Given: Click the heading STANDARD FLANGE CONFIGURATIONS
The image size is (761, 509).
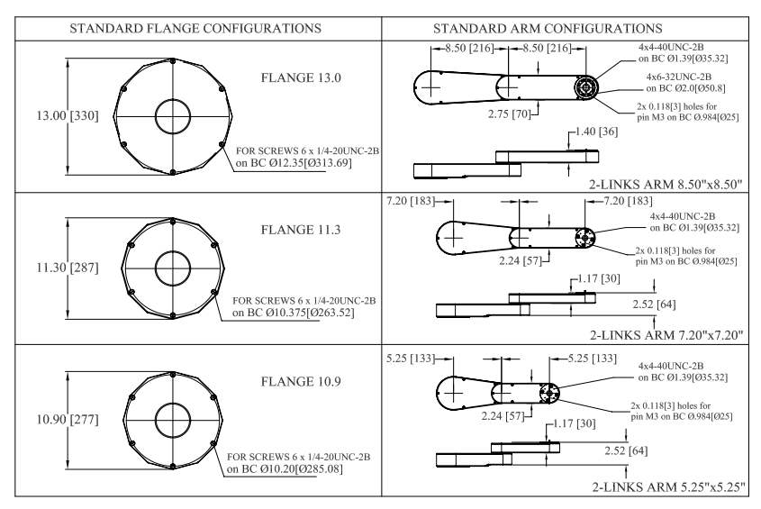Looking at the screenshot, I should point(189,28).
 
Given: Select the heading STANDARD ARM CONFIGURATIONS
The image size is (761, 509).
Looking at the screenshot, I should point(570,28).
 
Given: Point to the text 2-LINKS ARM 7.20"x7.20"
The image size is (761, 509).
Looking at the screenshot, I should point(666,335).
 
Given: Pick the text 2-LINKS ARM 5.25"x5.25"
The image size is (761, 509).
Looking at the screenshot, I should point(666,486).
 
